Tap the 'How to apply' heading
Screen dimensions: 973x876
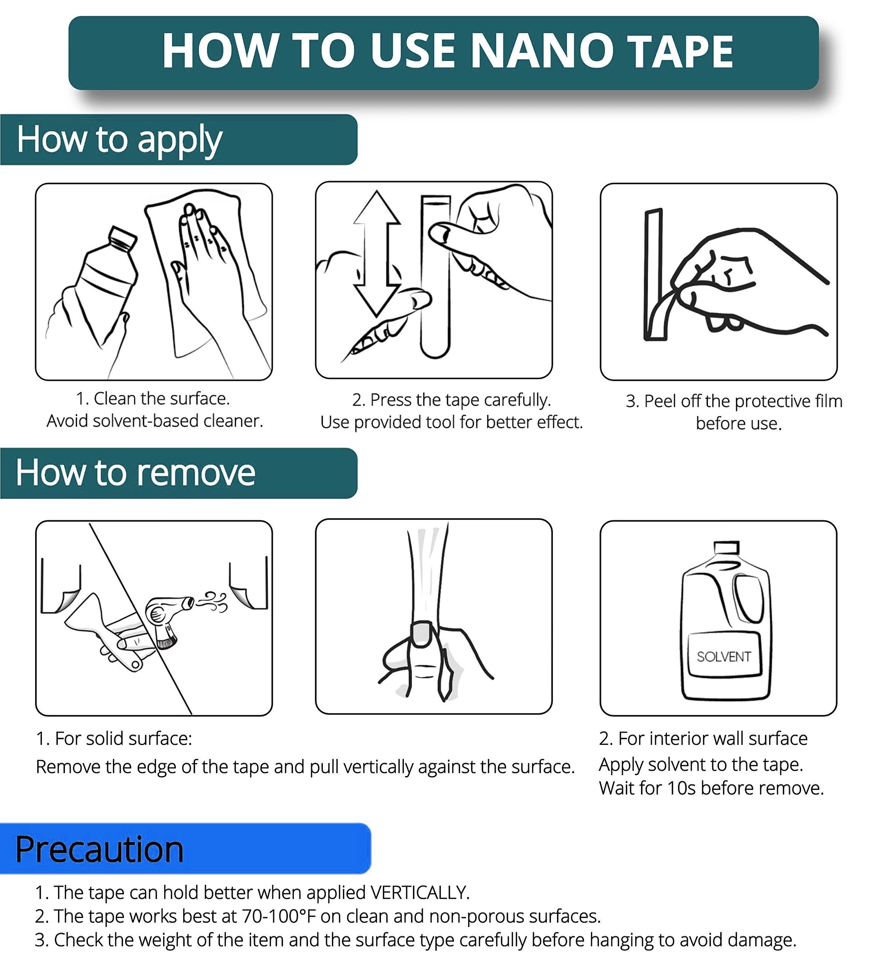(x=119, y=139)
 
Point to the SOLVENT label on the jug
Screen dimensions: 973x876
(x=724, y=656)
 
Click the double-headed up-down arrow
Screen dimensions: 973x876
(x=376, y=253)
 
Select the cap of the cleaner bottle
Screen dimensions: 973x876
(x=122, y=237)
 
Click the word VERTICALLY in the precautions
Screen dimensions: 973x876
(x=419, y=893)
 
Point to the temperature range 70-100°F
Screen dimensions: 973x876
(x=279, y=916)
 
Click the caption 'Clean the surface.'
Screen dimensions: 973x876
(x=161, y=398)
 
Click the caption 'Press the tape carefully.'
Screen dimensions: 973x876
(x=460, y=400)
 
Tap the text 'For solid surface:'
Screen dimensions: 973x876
(x=123, y=738)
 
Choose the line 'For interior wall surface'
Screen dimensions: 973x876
(x=713, y=738)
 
